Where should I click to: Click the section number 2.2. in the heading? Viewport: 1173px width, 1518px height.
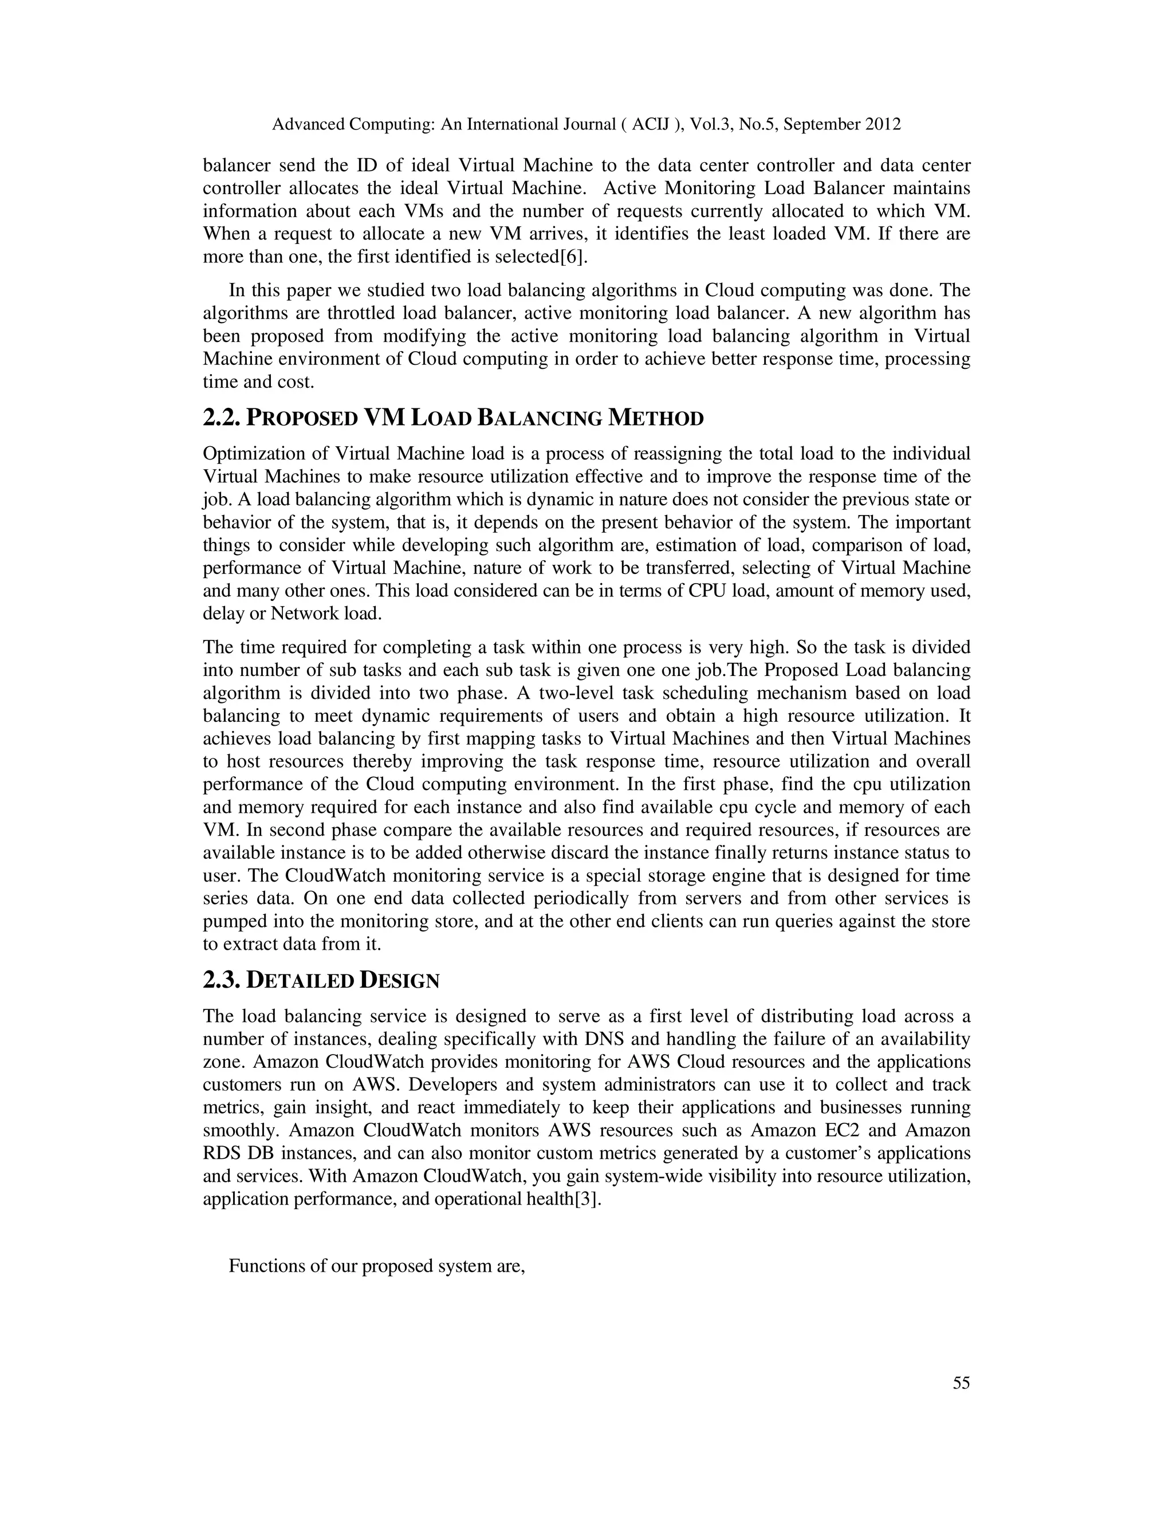pos(222,418)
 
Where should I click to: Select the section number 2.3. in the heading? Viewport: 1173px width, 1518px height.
pos(222,980)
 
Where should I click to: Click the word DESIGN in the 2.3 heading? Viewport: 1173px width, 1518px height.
pos(400,980)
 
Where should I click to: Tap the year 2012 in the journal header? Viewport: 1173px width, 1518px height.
pos(883,124)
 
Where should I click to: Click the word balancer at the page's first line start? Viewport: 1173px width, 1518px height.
pos(237,166)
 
